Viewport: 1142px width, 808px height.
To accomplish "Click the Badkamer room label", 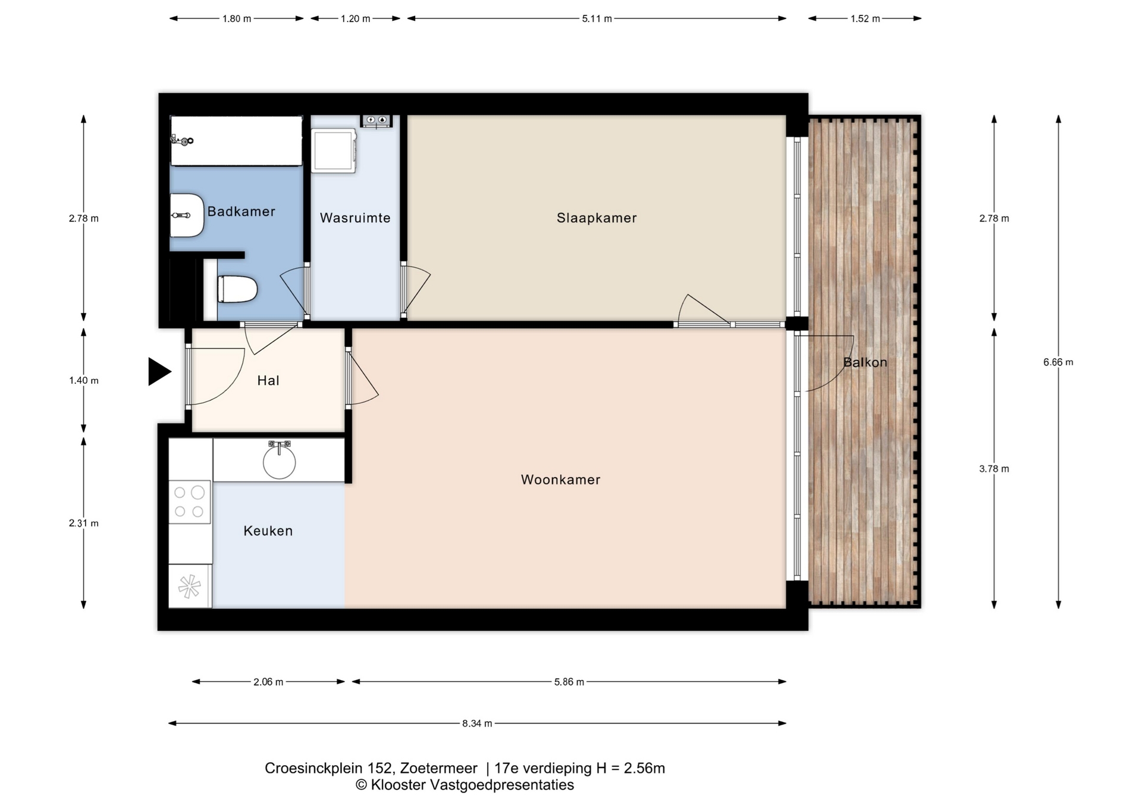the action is coord(241,211).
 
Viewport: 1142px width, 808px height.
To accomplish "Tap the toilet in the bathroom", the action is coord(237,289).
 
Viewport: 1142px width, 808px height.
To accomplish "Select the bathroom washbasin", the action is coord(187,215).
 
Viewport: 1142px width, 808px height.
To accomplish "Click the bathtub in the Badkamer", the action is coord(236,140).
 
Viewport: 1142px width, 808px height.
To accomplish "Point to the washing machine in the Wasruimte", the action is coord(333,151).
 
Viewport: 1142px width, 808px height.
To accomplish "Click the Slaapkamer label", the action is coord(597,218).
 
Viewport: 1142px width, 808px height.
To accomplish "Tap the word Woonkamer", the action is coord(560,480).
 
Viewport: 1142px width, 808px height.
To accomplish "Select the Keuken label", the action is coord(268,531).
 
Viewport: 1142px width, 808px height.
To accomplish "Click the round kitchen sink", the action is coord(279,462).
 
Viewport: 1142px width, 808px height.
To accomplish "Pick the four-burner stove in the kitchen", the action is coord(190,502).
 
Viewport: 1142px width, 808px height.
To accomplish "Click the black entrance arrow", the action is coord(159,372).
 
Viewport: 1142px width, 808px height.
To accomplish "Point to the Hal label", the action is coord(268,380).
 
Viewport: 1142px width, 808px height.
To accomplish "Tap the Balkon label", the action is coord(865,362).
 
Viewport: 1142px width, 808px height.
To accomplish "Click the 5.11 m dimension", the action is coord(597,18).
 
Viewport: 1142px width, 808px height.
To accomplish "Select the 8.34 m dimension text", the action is coord(477,724).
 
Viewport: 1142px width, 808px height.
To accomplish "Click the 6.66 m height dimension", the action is coord(1058,362).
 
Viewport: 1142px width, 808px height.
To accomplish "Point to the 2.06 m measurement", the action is coord(268,682).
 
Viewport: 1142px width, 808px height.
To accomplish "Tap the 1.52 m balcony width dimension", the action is coord(865,18).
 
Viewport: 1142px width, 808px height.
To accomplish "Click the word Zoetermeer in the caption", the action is coord(438,768).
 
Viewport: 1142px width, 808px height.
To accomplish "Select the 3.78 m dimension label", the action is coord(994,469).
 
